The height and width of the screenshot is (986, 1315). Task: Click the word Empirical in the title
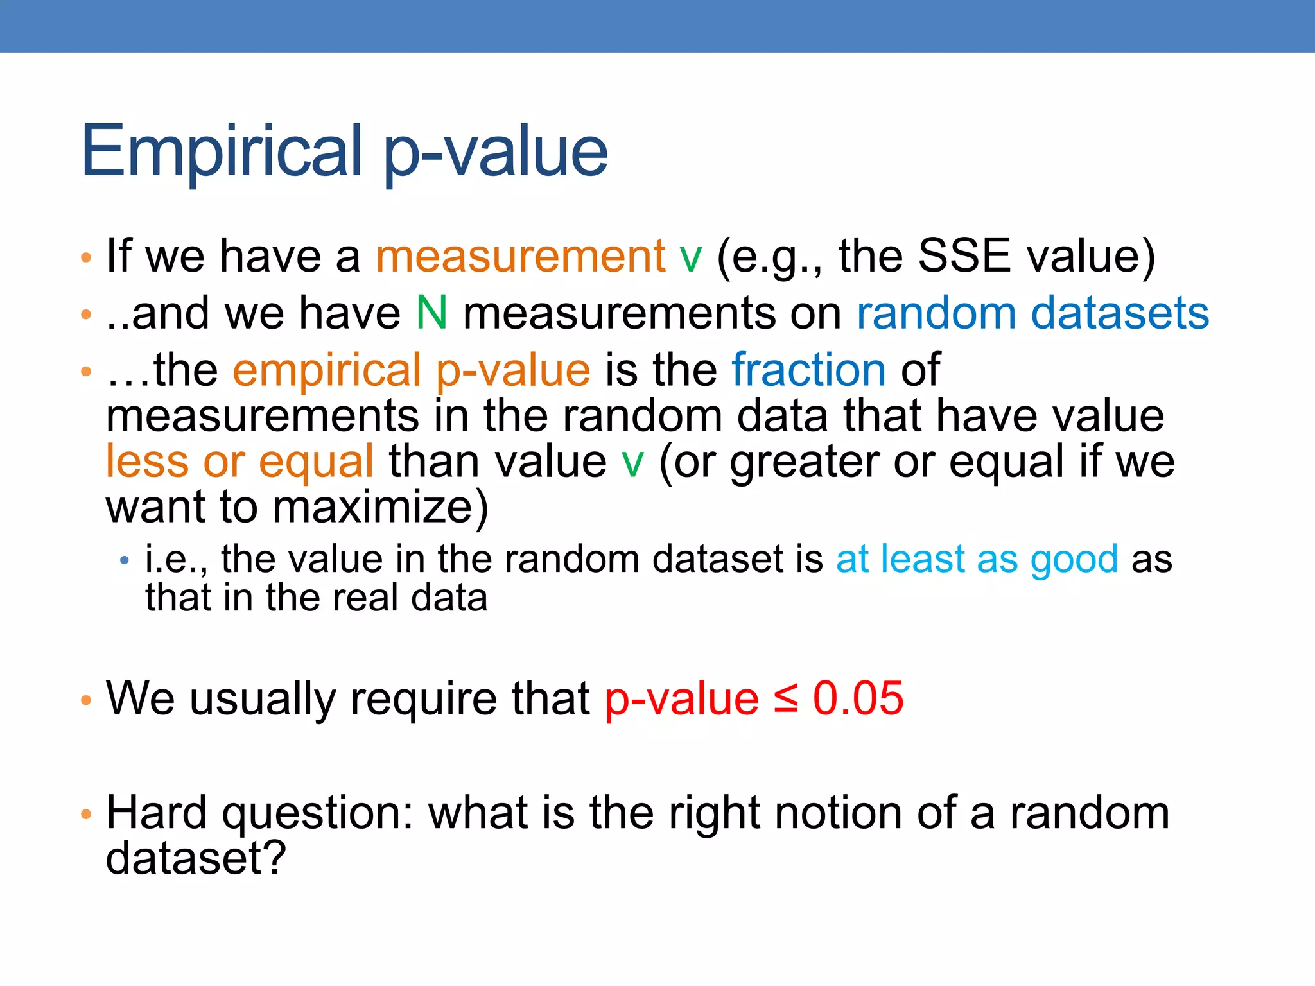coord(222,151)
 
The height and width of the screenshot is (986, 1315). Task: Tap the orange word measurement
coord(521,256)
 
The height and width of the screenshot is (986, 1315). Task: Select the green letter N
coord(431,313)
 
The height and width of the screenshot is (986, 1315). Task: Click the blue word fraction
coord(808,370)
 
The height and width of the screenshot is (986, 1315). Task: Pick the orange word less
coord(147,462)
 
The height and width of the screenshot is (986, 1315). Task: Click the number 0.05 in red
coord(858,698)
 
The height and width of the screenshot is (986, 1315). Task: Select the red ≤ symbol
coord(786,698)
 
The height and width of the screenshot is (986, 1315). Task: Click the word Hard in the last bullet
coord(156,813)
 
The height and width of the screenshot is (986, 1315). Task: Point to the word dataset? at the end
coord(195,858)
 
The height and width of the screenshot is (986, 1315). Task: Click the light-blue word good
coord(1074,560)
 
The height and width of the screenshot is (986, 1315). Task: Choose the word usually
coord(263,698)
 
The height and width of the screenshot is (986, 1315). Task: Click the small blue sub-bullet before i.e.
coord(125,561)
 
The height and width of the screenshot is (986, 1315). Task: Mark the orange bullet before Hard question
coord(87,815)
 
